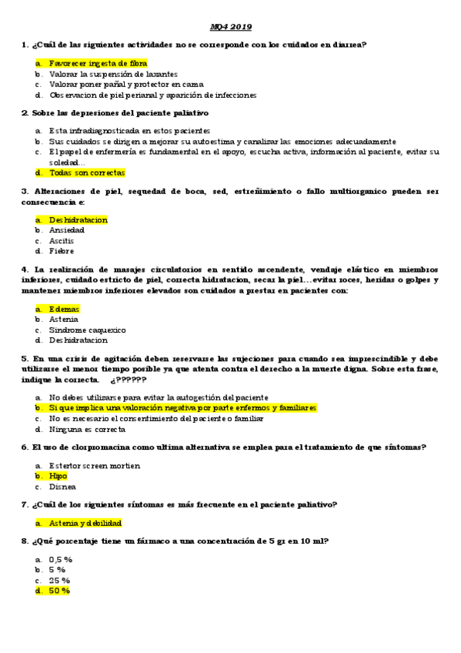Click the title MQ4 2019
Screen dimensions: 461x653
(x=231, y=26)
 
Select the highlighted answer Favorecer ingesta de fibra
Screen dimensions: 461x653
(x=98, y=62)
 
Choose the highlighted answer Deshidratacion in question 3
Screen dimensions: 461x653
(x=78, y=219)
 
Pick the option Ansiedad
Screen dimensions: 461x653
(x=67, y=230)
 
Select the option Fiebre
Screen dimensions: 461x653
(x=62, y=251)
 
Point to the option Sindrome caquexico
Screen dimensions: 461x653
(x=87, y=330)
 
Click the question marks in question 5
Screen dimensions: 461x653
(x=129, y=380)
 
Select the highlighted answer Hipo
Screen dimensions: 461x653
(x=58, y=476)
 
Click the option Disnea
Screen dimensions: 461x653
(x=62, y=487)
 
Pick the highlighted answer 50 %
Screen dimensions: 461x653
(x=59, y=591)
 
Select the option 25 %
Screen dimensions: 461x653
(x=59, y=580)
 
